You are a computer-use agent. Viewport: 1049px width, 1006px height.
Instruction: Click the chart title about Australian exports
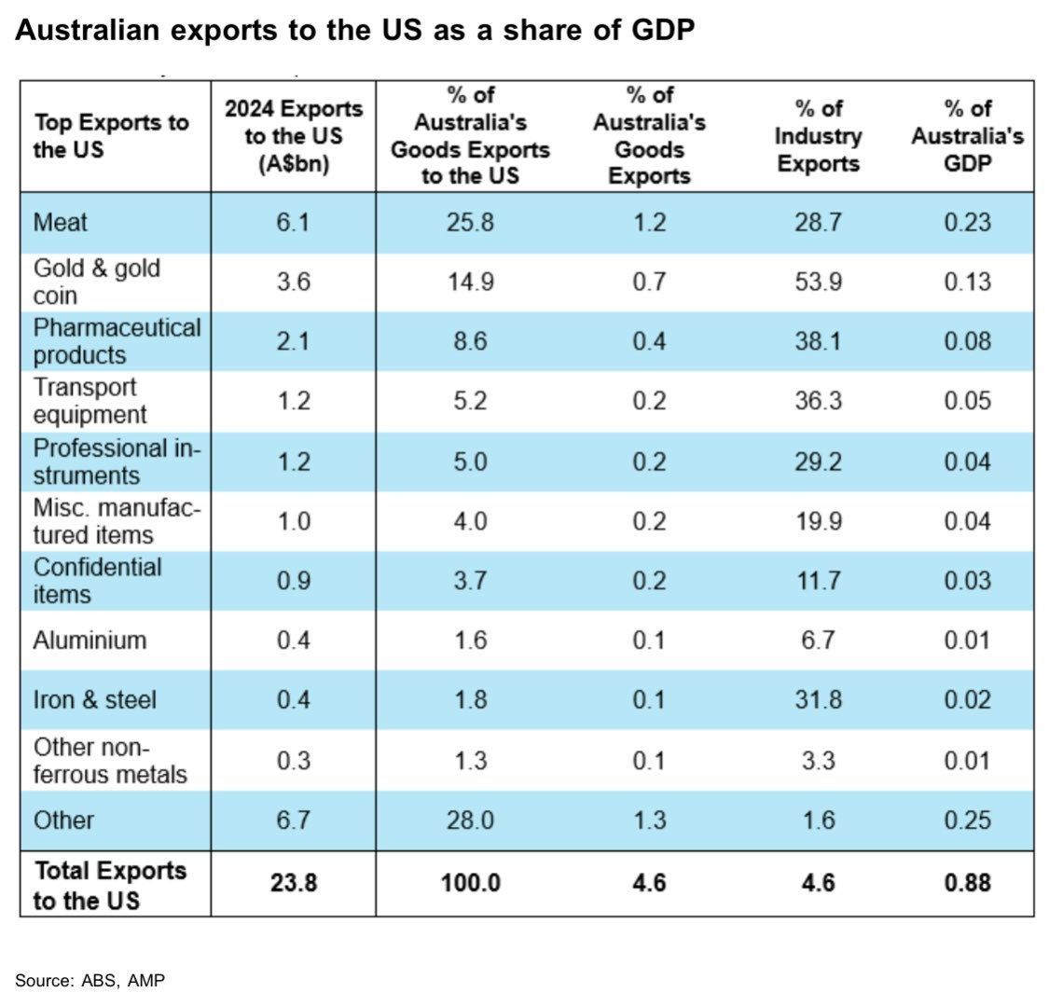(x=354, y=30)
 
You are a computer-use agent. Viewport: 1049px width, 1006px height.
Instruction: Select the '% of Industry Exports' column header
(x=818, y=136)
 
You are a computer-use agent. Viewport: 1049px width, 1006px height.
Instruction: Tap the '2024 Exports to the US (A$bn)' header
(x=294, y=136)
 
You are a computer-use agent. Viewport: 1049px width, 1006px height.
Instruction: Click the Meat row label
(x=61, y=222)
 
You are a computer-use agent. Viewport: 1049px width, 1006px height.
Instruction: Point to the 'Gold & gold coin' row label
(x=97, y=282)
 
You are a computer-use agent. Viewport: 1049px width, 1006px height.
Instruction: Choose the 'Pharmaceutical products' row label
(x=117, y=341)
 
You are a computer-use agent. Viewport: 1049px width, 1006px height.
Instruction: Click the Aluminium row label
(x=90, y=641)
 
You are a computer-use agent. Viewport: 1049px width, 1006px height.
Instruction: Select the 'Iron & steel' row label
(x=95, y=699)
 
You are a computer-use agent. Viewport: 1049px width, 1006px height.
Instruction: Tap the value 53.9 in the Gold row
(x=818, y=282)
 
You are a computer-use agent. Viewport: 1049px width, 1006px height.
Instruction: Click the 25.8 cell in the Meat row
(x=470, y=222)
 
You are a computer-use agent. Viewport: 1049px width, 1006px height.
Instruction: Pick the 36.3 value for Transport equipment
(x=818, y=401)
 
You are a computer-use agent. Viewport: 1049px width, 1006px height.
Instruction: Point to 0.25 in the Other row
(x=967, y=820)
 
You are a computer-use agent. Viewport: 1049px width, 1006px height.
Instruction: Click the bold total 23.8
(x=294, y=883)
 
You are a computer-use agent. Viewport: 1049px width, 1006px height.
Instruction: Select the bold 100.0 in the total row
(x=470, y=883)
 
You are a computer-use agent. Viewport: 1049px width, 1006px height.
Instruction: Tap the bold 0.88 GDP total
(x=967, y=883)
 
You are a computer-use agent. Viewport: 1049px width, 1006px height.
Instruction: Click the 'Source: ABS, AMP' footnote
(x=90, y=981)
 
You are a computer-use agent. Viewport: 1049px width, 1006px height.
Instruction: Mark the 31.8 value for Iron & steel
(x=818, y=699)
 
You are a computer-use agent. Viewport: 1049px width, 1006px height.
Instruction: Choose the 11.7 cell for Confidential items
(x=818, y=581)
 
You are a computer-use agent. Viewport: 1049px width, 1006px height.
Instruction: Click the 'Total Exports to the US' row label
(x=110, y=885)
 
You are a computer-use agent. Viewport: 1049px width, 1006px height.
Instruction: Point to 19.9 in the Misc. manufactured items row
(x=818, y=521)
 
